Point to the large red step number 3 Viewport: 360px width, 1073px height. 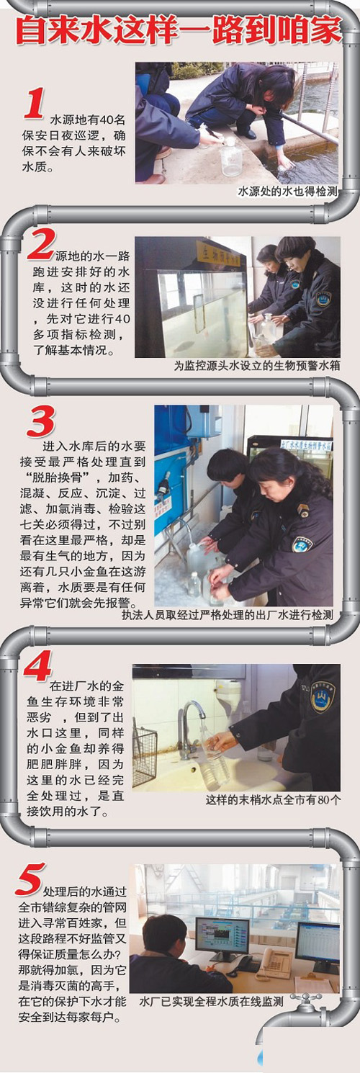pos(41,421)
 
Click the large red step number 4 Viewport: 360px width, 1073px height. pos(38,666)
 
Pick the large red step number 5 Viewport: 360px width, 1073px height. pos(30,879)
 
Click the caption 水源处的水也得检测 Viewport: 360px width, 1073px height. pos(287,192)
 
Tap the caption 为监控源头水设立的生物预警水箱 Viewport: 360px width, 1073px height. pos(257,366)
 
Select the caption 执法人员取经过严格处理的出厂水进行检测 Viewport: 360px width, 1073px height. pos(227,615)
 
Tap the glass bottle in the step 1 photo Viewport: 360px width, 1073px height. pos(230,157)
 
